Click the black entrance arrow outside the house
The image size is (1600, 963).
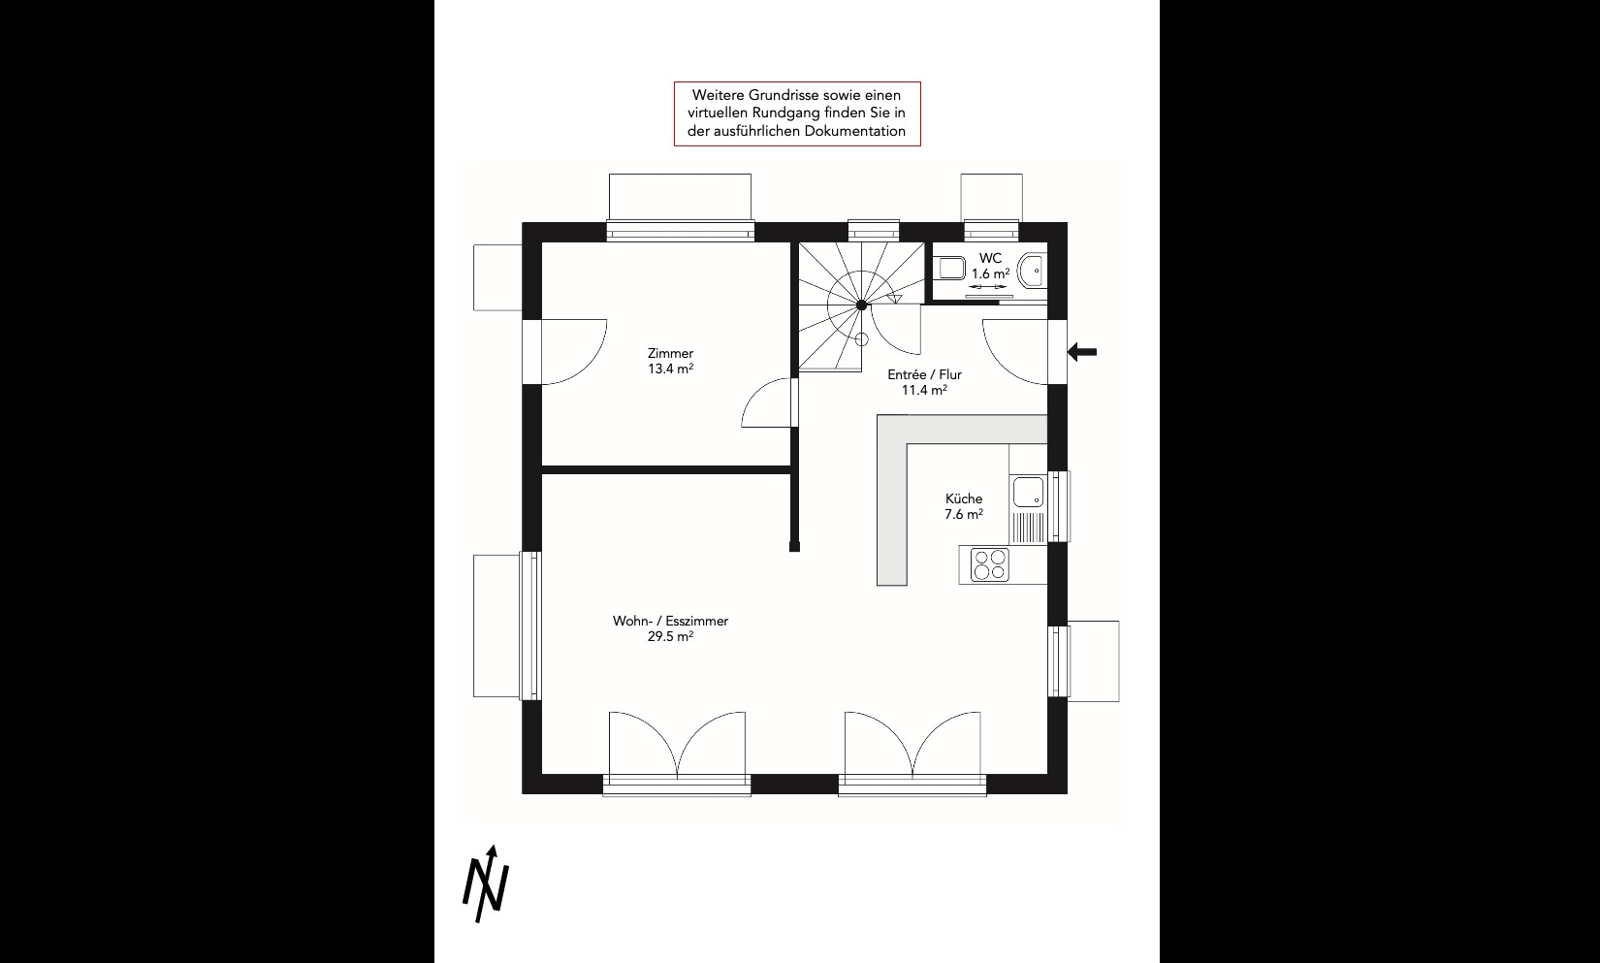pyautogui.click(x=1082, y=351)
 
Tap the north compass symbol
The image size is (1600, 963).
pyautogui.click(x=487, y=884)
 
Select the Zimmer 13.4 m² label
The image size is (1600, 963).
pyautogui.click(x=670, y=361)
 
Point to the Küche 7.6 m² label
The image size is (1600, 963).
pyautogui.click(x=964, y=506)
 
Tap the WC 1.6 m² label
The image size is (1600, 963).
pyautogui.click(x=990, y=266)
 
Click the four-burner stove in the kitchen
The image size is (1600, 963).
pyautogui.click(x=989, y=564)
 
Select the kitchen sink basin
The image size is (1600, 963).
pyautogui.click(x=1028, y=493)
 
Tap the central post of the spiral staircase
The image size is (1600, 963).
pyautogui.click(x=861, y=305)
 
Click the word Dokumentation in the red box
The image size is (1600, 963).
pyautogui.click(x=855, y=132)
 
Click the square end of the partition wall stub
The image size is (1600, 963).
pyautogui.click(x=794, y=547)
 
